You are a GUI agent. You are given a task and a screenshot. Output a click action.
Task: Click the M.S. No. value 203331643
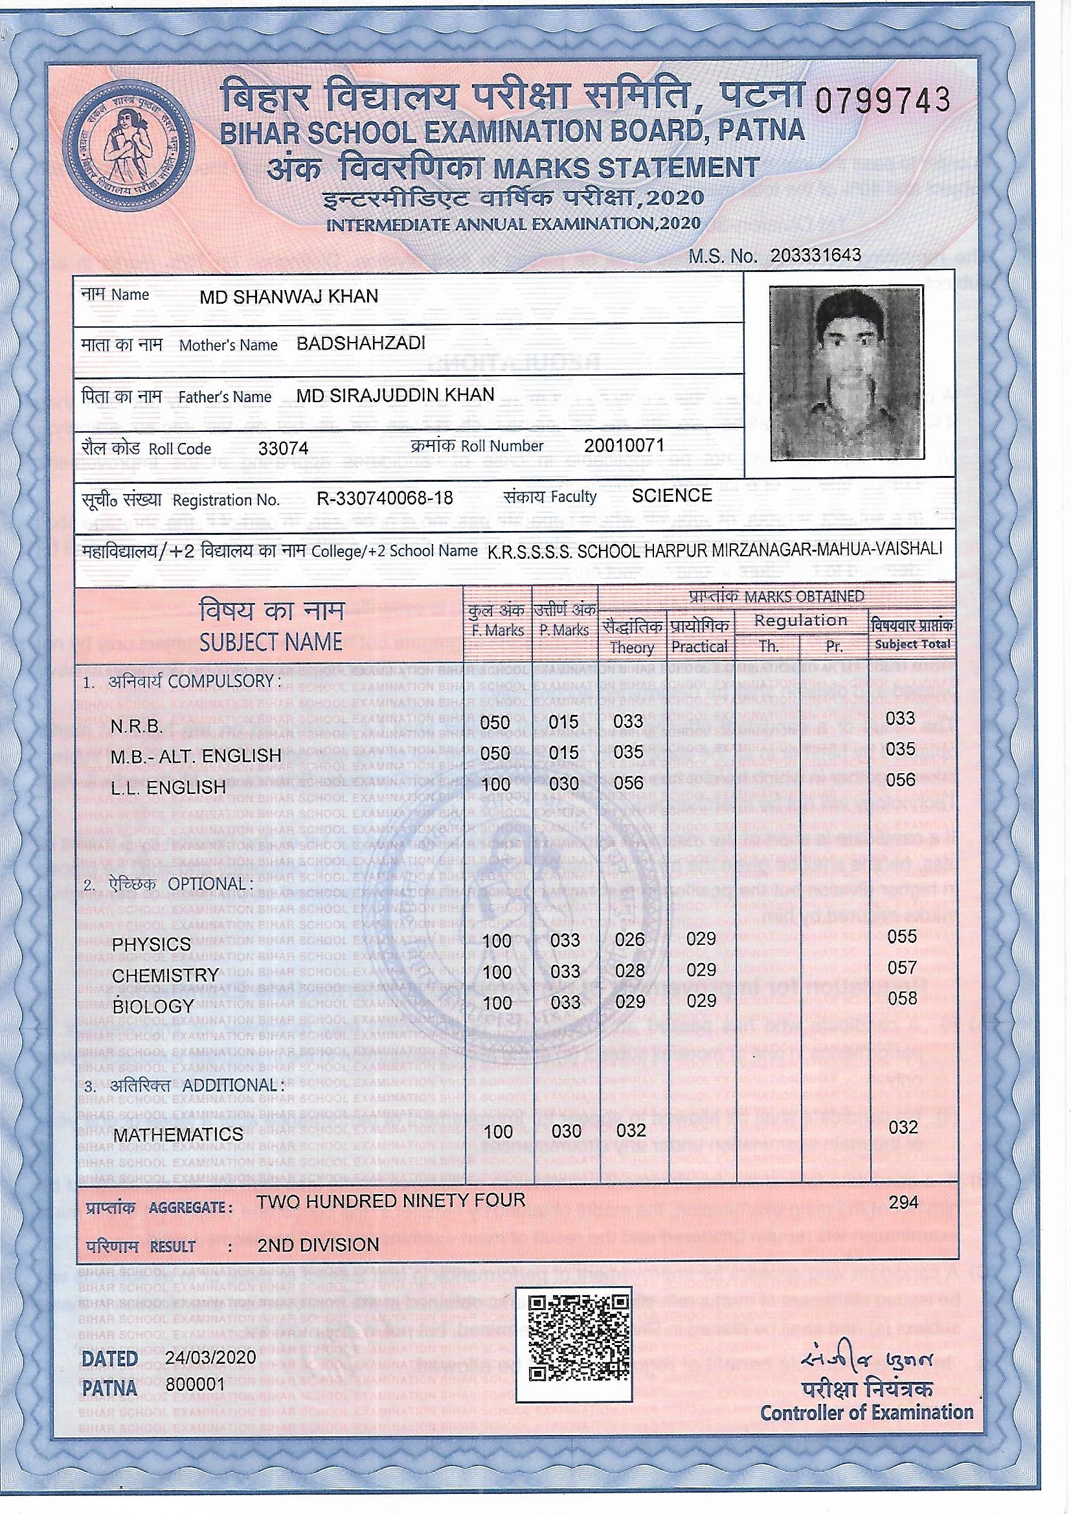pyautogui.click(x=815, y=256)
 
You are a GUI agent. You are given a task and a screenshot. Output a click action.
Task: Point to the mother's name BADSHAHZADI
pyautogui.click(x=361, y=344)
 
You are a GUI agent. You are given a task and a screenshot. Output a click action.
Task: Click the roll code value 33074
pyautogui.click(x=284, y=449)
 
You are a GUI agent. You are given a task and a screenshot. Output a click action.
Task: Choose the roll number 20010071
pyautogui.click(x=624, y=446)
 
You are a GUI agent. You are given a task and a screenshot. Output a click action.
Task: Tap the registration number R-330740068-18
pyautogui.click(x=385, y=498)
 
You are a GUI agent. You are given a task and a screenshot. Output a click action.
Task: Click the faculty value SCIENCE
pyautogui.click(x=671, y=496)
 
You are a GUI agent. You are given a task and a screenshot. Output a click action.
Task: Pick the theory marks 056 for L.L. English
pyautogui.click(x=629, y=783)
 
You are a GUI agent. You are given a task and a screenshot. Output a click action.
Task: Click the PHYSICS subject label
pyautogui.click(x=151, y=944)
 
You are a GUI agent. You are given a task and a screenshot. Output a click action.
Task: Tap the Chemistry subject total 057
pyautogui.click(x=901, y=967)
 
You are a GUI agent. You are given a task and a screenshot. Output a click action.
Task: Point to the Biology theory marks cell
pyautogui.click(x=630, y=1001)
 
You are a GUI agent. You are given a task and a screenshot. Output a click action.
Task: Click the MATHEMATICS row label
pyautogui.click(x=178, y=1134)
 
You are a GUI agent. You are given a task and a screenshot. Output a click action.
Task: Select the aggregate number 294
pyautogui.click(x=903, y=1202)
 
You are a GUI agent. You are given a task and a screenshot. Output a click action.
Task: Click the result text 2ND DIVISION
pyautogui.click(x=318, y=1245)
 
